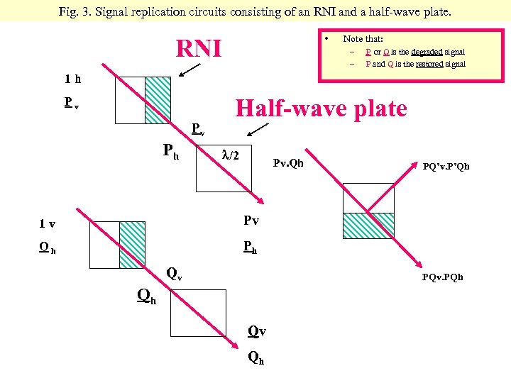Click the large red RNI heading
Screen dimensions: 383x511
199,49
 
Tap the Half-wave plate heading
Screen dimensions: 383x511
321,109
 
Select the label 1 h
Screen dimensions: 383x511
72,79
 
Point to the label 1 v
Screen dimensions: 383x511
48,224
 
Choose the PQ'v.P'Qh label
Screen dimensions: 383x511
446,167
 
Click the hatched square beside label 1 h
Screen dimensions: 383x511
158,100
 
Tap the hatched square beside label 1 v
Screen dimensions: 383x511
132,245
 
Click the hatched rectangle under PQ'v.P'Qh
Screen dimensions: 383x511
368,226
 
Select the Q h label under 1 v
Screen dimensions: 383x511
48,248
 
